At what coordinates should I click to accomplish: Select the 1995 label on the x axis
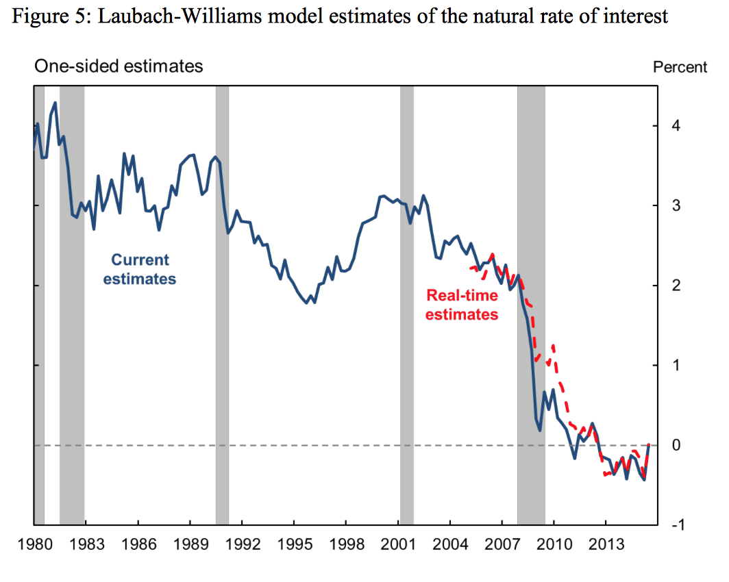[x=294, y=545]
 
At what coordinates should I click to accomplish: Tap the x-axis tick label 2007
[x=502, y=545]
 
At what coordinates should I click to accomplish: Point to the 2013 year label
[x=606, y=545]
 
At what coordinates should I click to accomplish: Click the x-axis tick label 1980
[x=34, y=545]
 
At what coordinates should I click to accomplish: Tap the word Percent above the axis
[x=680, y=67]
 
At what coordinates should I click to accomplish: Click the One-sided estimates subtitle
[x=119, y=66]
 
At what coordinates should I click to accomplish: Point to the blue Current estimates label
[x=140, y=269]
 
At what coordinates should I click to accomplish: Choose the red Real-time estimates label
[x=461, y=305]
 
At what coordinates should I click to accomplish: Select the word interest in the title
[x=637, y=16]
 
